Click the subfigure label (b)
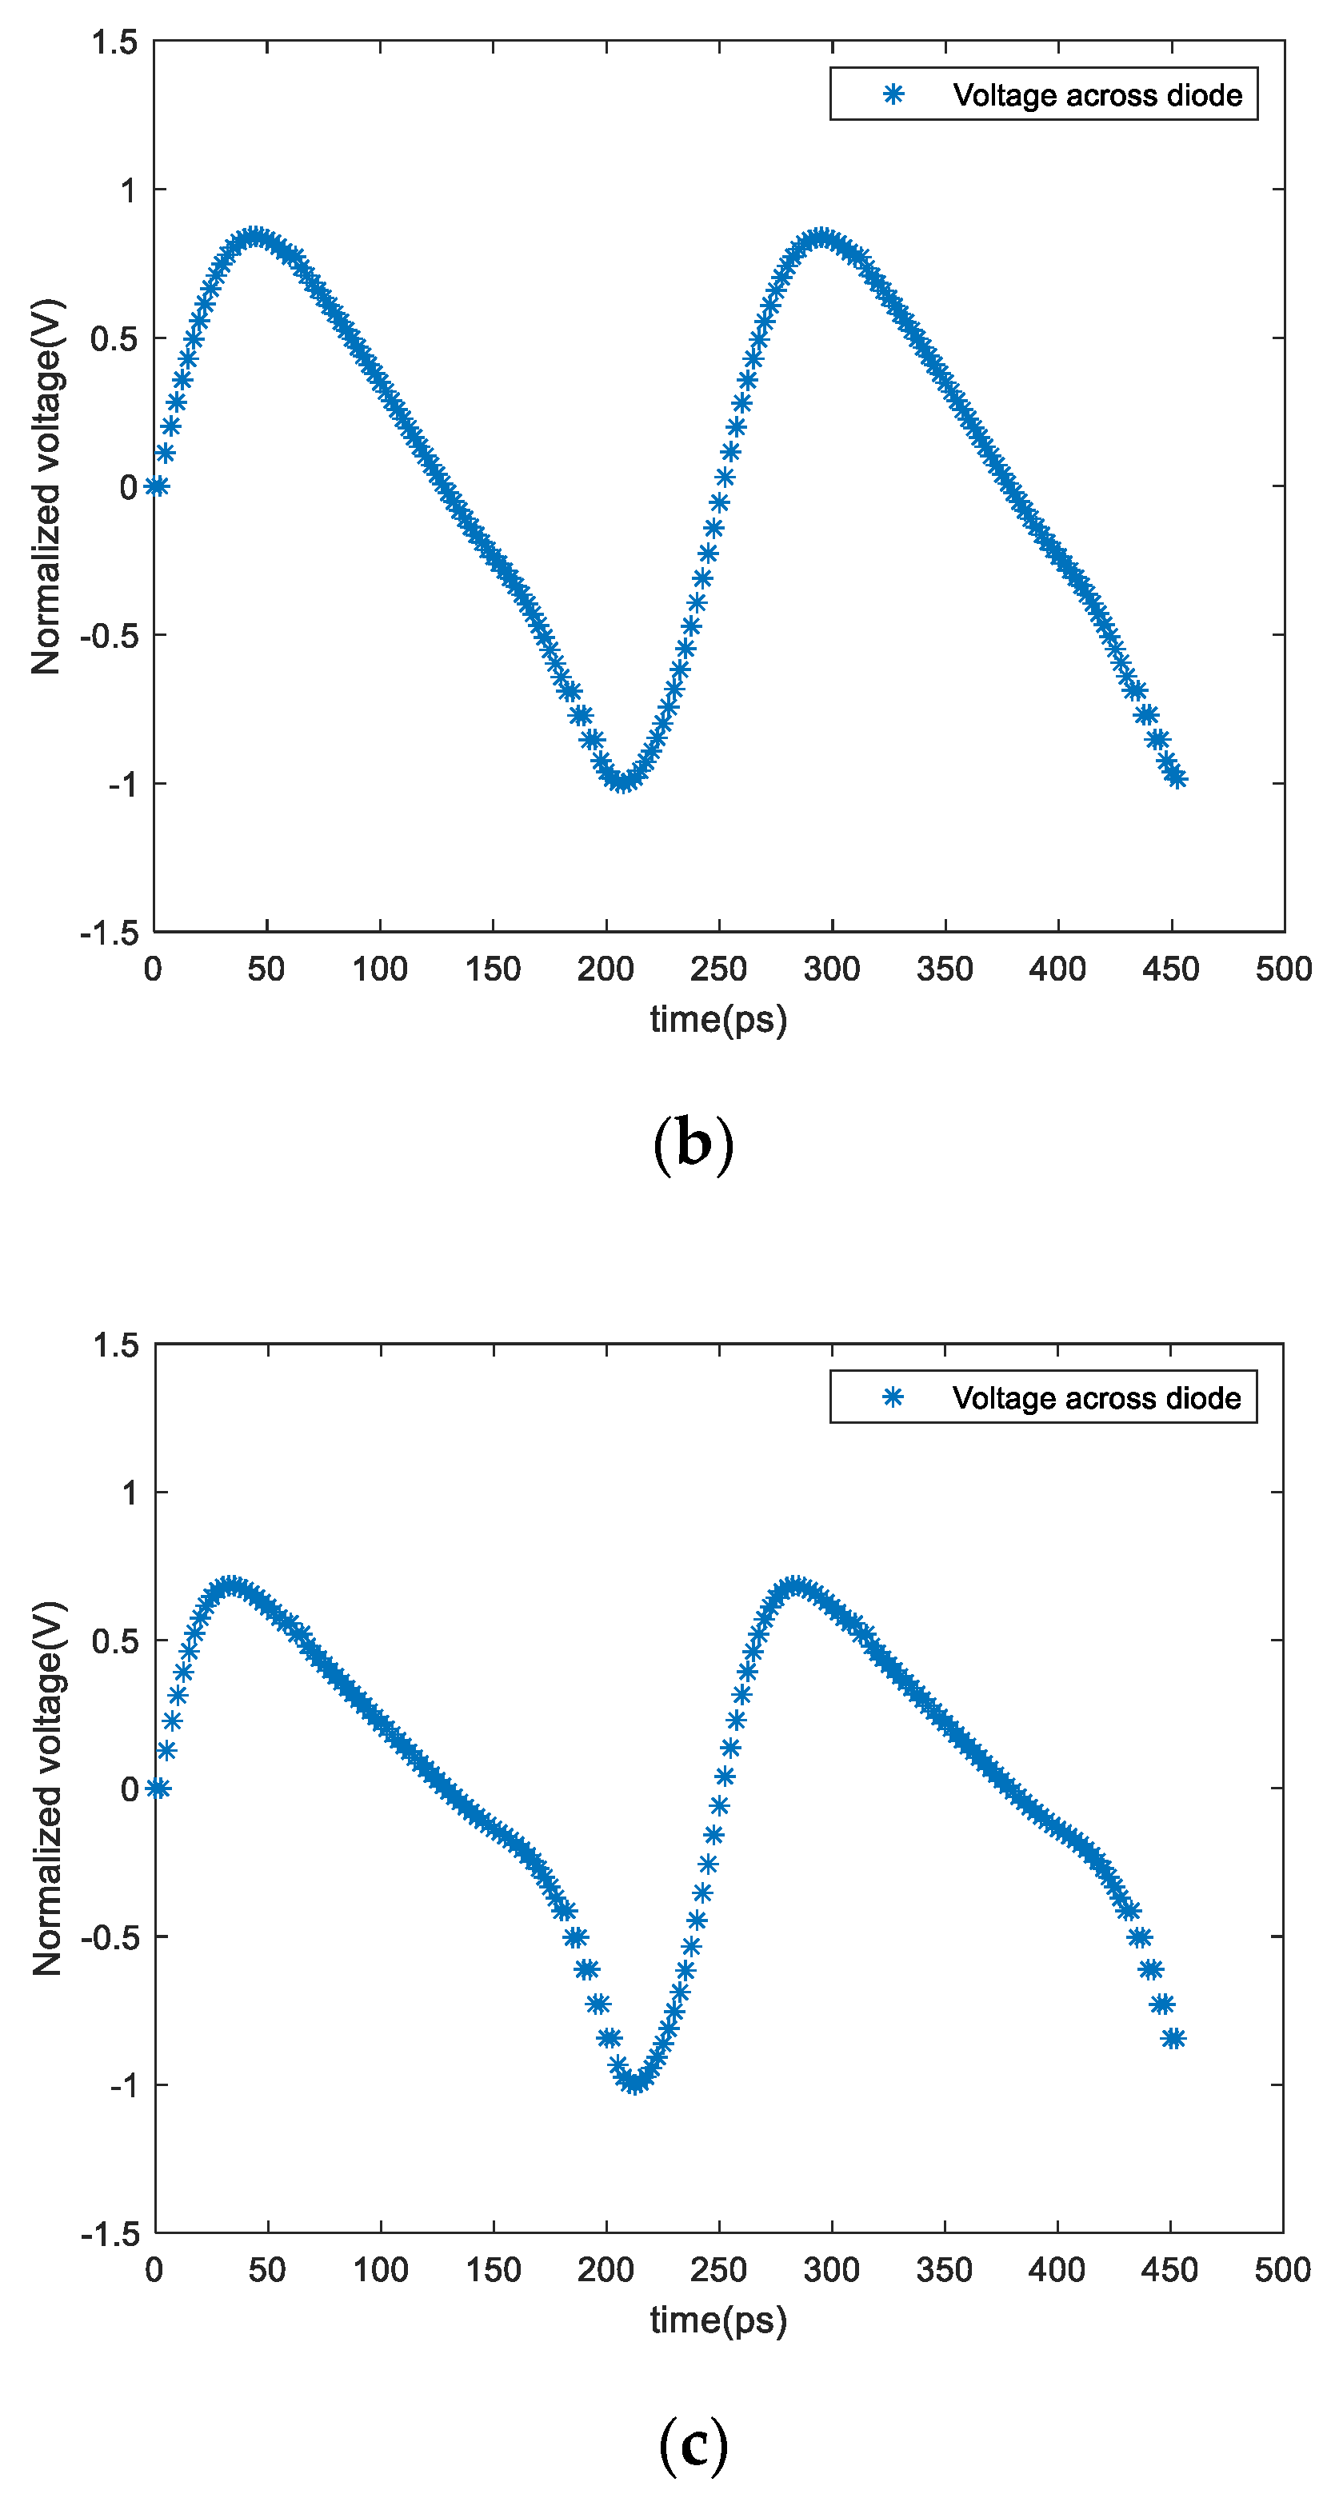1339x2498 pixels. [x=693, y=1145]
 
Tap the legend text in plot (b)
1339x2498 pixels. [x=1097, y=95]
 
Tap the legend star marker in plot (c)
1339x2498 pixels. [x=893, y=1397]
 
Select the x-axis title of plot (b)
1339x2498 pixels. [x=718, y=1019]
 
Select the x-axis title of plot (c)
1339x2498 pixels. [x=718, y=2320]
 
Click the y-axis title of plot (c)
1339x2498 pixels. [x=46, y=1787]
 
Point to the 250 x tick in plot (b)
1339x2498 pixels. [x=718, y=969]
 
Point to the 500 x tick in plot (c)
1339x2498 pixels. [x=1281, y=2270]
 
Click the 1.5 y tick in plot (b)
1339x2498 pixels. [x=114, y=42]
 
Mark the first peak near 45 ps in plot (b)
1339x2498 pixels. [x=255, y=237]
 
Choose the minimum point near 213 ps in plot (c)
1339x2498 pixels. [x=634, y=2083]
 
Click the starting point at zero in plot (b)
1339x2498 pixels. [x=156, y=486]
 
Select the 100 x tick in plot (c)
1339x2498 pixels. [x=380, y=2270]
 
